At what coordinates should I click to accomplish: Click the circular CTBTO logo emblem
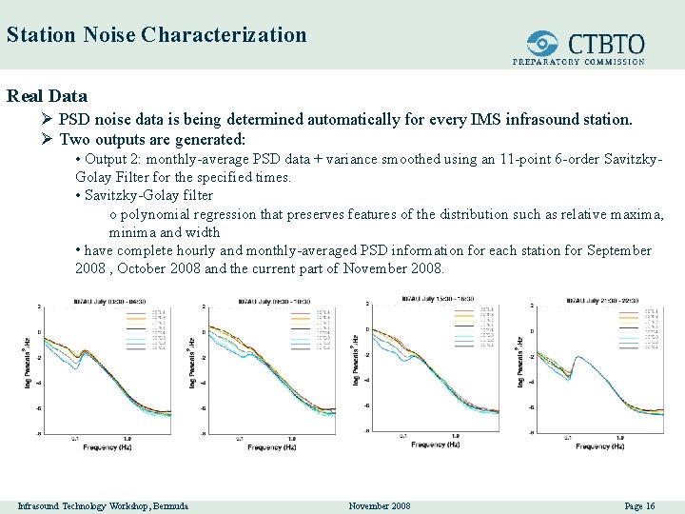(x=543, y=42)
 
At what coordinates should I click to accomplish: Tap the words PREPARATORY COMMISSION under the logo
(x=578, y=62)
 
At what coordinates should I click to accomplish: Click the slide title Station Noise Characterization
(x=156, y=35)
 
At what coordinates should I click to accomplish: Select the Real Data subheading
(x=47, y=96)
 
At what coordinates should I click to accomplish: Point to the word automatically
(x=355, y=120)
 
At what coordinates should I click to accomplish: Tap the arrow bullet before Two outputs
(x=48, y=139)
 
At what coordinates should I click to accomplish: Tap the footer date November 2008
(x=380, y=505)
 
